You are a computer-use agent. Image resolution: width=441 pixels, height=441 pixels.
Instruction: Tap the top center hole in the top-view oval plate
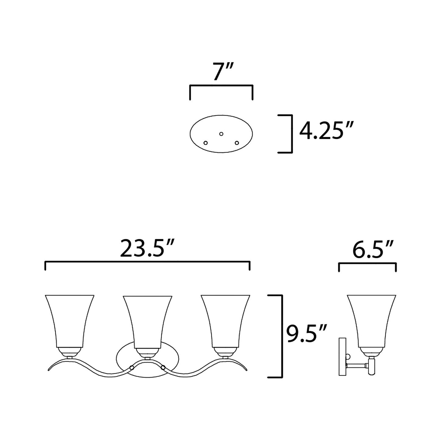221,134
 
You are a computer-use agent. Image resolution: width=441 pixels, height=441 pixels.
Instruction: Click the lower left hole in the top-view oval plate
206,143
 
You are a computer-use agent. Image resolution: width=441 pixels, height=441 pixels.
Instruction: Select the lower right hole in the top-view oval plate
237,143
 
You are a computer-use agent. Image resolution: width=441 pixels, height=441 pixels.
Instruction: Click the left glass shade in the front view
70,320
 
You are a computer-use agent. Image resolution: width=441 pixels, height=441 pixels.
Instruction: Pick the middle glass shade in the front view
147,320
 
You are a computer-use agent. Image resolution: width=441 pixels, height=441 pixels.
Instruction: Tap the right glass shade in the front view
226,320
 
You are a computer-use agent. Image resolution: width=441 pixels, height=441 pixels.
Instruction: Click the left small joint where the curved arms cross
132,367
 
